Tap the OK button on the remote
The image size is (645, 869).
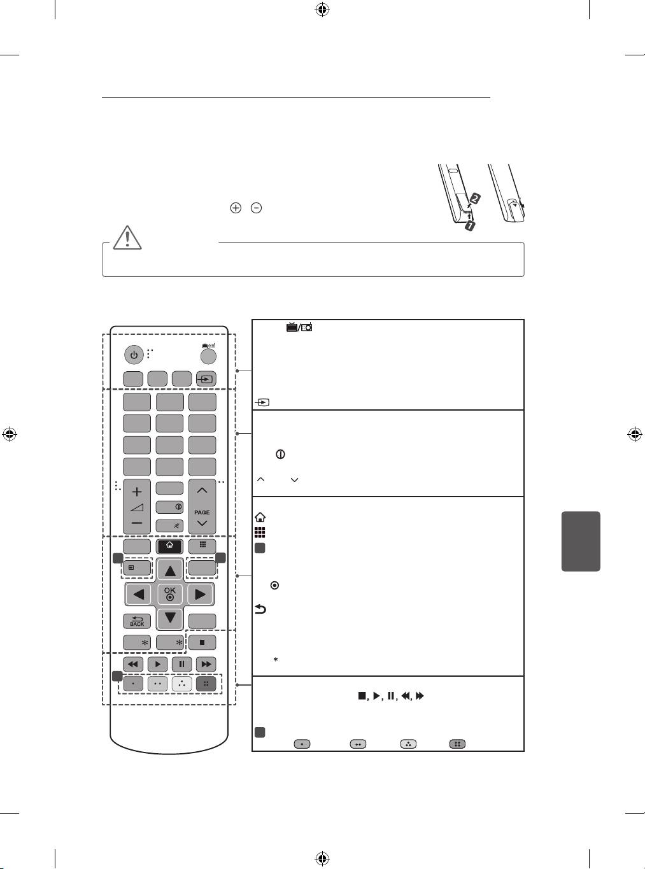[x=170, y=594]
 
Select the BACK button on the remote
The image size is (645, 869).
[x=137, y=621]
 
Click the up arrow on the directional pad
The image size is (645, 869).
[x=170, y=570]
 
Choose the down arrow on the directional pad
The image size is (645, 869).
[x=170, y=618]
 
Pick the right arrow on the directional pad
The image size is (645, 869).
[x=201, y=595]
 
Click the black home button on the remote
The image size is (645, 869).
[x=169, y=546]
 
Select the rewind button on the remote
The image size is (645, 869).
[x=133, y=664]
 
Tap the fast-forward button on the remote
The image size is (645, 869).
[x=206, y=664]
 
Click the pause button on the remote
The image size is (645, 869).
[x=181, y=664]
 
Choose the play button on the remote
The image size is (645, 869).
[x=157, y=664]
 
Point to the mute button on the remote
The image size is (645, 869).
[x=169, y=525]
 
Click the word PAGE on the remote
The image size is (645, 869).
[x=202, y=512]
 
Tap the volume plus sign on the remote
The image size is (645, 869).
[x=137, y=492]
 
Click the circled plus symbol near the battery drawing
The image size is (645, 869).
[x=236, y=208]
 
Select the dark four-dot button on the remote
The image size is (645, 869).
[x=206, y=684]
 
